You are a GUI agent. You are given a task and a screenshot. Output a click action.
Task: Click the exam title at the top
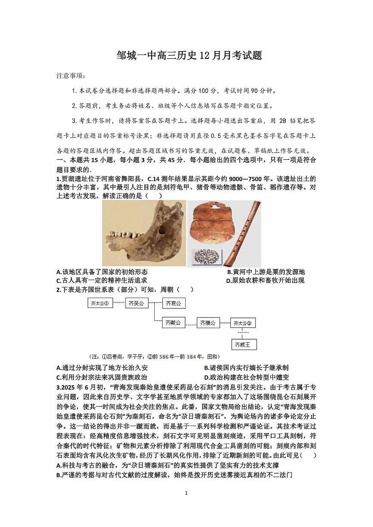click(x=189, y=55)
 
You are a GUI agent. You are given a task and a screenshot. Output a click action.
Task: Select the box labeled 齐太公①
click(x=100, y=303)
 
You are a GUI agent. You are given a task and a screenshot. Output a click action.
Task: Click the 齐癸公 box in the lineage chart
click(x=137, y=303)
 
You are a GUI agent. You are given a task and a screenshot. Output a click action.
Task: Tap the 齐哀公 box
click(x=174, y=303)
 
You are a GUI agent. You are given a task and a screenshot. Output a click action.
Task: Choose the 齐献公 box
click(x=174, y=323)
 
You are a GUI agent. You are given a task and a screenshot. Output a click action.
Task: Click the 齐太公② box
click(x=243, y=323)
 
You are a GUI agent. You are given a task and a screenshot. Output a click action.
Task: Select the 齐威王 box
click(x=244, y=344)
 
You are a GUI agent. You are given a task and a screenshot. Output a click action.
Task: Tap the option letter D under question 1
click(x=228, y=281)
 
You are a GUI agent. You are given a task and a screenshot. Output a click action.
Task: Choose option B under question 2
click(x=207, y=368)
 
